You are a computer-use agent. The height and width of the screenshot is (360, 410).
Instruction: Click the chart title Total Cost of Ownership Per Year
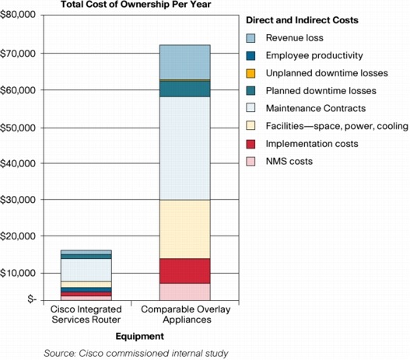coord(135,5)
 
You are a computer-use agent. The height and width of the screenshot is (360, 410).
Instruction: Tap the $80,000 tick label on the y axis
coord(18,14)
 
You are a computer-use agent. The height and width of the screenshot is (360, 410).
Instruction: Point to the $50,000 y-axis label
coord(18,128)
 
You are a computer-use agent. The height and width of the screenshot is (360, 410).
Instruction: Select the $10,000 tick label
coord(18,273)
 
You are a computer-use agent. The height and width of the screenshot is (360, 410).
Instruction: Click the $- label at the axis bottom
coord(32,299)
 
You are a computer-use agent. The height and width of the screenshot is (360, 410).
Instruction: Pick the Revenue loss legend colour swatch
coord(251,38)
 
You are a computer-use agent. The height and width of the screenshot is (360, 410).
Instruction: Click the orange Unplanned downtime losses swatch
coord(251,73)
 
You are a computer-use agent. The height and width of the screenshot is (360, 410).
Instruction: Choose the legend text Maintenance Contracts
coord(316,108)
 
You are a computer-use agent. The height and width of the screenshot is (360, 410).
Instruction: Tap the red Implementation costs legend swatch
coord(251,144)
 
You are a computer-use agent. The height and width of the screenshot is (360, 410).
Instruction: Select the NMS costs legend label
coord(289,161)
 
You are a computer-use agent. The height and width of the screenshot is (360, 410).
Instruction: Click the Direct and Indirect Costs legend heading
coord(302,20)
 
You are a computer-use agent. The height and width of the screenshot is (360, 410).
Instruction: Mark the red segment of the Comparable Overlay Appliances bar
coord(185,271)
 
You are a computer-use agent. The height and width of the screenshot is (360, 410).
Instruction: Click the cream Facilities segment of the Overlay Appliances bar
coord(185,229)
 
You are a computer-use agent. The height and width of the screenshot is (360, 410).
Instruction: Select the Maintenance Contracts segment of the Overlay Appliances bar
coord(185,149)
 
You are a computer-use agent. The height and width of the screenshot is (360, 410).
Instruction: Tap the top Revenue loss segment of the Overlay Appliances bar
coord(185,62)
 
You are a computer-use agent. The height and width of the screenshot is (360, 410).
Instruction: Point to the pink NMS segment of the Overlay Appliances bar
coord(185,292)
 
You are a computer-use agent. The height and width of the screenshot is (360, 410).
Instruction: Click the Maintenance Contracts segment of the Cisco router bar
coord(86,270)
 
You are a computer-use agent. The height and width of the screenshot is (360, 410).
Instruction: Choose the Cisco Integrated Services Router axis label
coord(86,314)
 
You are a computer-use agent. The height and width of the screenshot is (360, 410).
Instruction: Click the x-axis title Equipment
coord(139,336)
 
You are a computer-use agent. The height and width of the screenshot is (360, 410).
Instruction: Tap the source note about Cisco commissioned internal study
coord(136,353)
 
